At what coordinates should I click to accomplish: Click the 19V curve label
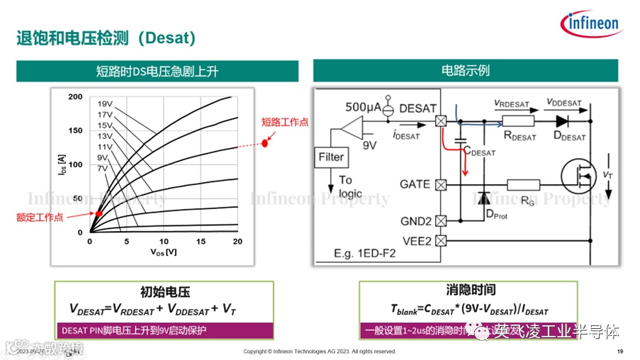[x=106, y=103]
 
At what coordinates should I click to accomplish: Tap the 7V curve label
[x=103, y=168]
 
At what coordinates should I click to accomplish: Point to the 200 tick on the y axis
[x=75, y=96]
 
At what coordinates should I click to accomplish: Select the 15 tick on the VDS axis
[x=201, y=242]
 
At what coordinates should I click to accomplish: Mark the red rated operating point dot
[x=99, y=213]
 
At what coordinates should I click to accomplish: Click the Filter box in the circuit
[x=330, y=157]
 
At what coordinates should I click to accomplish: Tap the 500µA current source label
[x=361, y=108]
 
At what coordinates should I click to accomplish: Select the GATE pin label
[x=415, y=184]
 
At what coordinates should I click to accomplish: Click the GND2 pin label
[x=415, y=220]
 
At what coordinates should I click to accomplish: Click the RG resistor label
[x=527, y=201]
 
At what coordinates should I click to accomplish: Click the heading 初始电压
[x=165, y=291]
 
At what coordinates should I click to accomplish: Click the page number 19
[x=620, y=352]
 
